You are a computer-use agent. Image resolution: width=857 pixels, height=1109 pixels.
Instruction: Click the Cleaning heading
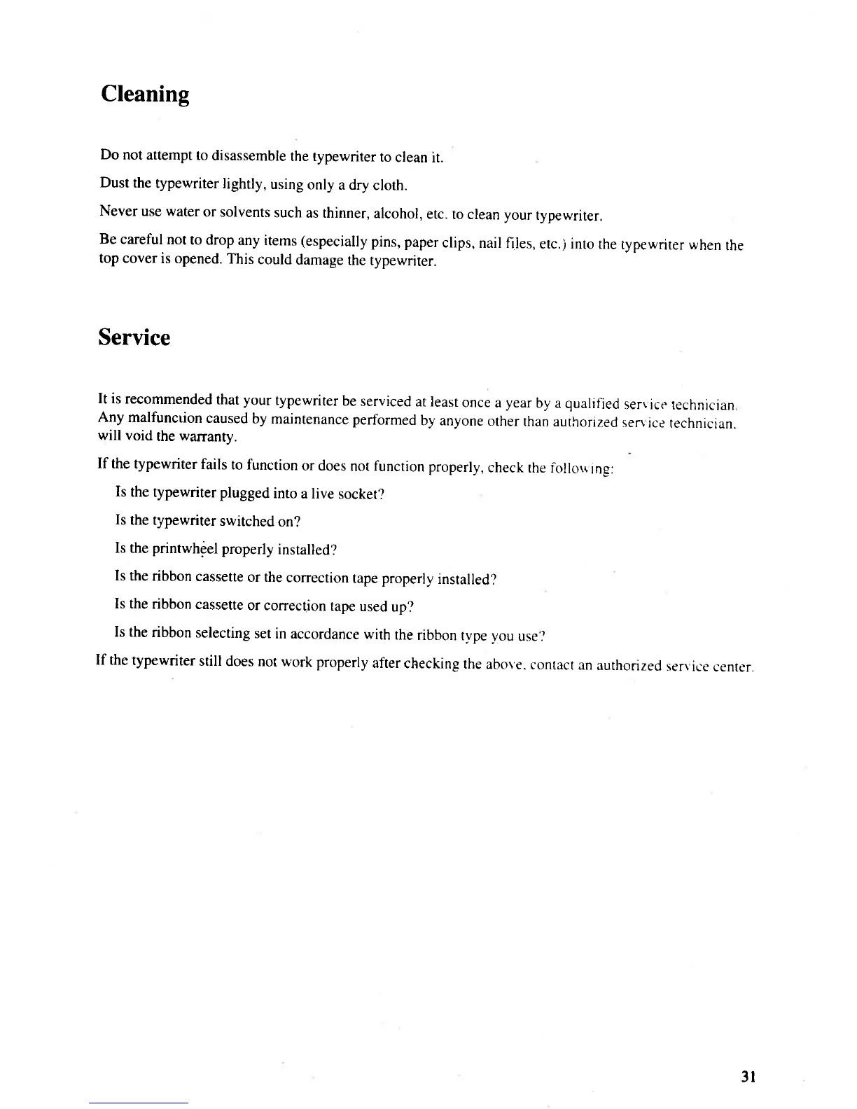coord(145,94)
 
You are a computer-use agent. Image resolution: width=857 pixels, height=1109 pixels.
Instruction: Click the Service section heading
coord(134,337)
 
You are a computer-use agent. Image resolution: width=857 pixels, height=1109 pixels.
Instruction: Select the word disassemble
coord(249,155)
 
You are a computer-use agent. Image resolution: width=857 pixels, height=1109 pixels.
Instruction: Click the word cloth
coord(390,186)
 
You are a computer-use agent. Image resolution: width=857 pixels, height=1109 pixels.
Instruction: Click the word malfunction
coord(165,418)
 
